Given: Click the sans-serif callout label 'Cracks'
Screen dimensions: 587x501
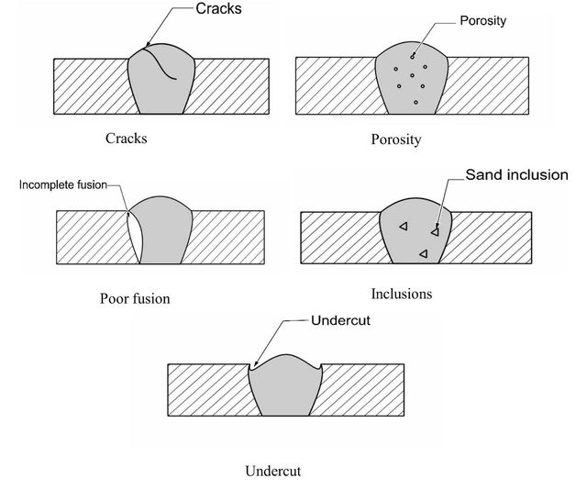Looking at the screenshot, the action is pos(218,8).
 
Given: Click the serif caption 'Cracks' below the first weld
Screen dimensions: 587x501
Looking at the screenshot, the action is pos(127,139).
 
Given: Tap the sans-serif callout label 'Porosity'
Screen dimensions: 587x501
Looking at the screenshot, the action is pos(483,21).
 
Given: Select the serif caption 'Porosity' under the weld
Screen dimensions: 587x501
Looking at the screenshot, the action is pos(396,139).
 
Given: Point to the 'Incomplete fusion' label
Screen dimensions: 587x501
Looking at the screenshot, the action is pos(63,184).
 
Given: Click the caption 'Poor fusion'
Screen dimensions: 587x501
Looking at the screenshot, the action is pos(135,298).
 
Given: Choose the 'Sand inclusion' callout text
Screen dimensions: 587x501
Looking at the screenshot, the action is pos(516,175).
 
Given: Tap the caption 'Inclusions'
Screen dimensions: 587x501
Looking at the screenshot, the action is pos(402,294).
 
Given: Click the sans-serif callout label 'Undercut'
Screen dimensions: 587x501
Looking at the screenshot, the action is pos(340,320).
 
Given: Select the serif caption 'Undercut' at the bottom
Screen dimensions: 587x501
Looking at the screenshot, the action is pos(273,471).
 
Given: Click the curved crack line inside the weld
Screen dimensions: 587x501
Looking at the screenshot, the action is pos(161,64).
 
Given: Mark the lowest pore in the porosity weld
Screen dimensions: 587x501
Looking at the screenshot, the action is pos(415,102).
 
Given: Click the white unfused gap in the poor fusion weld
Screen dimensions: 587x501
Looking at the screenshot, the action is pos(135,237).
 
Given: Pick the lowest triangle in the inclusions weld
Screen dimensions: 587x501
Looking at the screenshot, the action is pos(424,254).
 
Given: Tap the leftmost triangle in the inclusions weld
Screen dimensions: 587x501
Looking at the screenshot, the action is pos(404,226).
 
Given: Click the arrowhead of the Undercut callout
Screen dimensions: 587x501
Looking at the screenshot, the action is pos(256,363).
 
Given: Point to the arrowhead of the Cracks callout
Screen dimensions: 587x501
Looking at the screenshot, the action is pos(148,44).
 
